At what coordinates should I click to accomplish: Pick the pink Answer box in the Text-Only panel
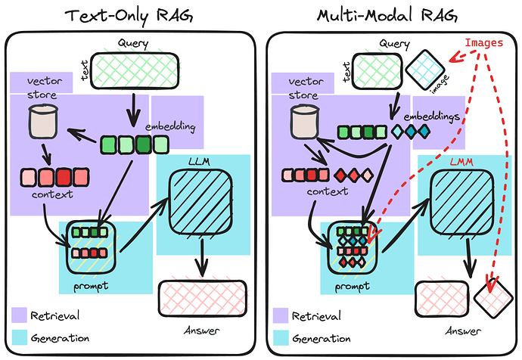point(202,297)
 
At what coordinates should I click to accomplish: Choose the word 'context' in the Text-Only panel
point(52,195)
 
